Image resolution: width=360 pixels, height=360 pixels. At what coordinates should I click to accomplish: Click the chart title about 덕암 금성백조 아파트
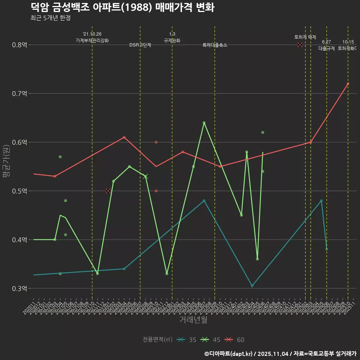(122, 7)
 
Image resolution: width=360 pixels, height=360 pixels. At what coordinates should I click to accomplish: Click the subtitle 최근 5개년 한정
(50, 18)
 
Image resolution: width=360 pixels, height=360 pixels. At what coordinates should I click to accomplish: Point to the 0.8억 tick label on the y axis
(19, 45)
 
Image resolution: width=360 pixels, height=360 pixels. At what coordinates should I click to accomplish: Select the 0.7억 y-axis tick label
(19, 94)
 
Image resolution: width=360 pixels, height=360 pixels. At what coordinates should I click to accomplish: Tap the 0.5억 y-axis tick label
(19, 191)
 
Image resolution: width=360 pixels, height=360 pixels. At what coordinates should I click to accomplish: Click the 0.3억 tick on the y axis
(19, 289)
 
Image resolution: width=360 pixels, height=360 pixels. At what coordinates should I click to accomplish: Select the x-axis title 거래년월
(193, 320)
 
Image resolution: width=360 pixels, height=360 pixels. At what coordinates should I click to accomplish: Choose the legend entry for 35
(187, 340)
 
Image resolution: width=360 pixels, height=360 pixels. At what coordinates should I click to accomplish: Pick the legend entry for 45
(211, 340)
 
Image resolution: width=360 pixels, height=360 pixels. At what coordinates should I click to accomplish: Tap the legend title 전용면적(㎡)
(157, 340)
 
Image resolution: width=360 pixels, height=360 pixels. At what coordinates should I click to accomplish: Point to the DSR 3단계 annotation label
(140, 45)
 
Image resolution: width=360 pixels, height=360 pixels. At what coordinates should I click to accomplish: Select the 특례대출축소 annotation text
(215, 45)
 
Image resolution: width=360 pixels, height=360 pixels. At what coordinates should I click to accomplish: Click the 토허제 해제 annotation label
(305, 37)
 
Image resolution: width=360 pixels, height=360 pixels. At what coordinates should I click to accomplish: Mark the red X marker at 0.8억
(300, 45)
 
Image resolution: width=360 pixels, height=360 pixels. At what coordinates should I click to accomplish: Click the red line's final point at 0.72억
(348, 84)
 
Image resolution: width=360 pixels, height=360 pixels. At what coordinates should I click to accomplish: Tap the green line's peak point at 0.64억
(204, 123)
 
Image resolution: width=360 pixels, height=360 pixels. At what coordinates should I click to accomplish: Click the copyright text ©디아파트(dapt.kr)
(229, 353)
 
